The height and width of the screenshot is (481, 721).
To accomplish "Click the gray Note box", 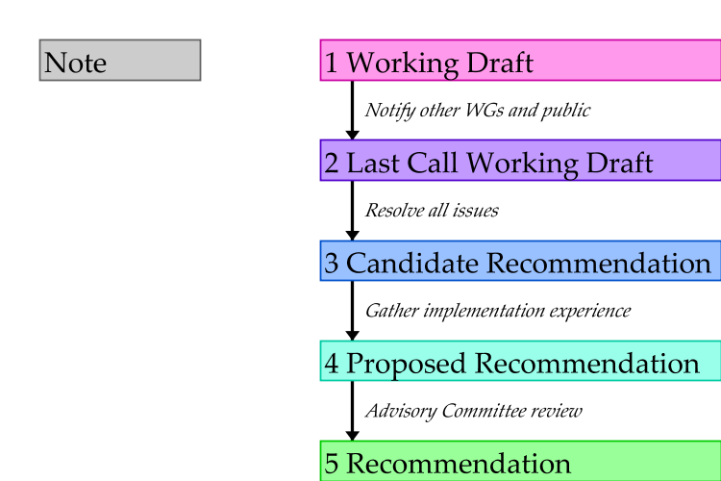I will [x=119, y=61].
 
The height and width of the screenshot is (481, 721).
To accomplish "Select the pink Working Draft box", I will [x=519, y=62].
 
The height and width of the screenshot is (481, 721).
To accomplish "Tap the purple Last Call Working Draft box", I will [x=519, y=161].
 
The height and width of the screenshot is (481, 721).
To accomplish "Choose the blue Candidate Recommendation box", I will [x=519, y=262].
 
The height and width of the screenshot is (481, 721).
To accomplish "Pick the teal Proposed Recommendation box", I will [x=519, y=362].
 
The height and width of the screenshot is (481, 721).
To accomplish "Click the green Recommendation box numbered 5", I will [x=519, y=462].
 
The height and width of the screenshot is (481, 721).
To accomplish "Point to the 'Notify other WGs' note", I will [x=441, y=109].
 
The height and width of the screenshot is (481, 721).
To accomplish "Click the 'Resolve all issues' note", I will [x=441, y=209].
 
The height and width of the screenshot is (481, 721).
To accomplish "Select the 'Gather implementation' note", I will [x=441, y=310].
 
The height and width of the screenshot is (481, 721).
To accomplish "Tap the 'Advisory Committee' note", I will [x=441, y=410].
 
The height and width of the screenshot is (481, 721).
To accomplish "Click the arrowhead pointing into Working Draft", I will [x=314, y=61].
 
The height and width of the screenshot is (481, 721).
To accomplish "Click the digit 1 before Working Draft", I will [x=332, y=63].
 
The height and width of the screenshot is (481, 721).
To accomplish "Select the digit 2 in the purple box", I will [x=332, y=163].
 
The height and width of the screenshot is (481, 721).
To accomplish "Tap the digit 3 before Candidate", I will [x=332, y=264].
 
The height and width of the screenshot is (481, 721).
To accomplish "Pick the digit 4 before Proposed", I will [x=332, y=364].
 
